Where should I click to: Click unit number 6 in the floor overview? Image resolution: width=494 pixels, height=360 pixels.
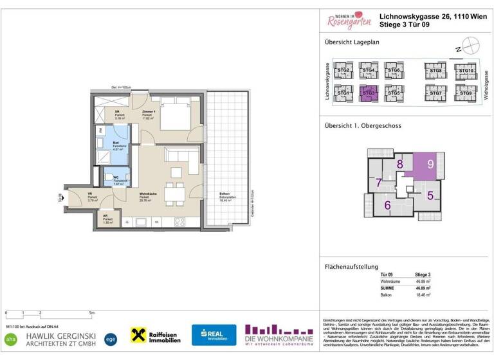388,206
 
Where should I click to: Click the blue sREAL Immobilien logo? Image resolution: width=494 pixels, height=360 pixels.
213,334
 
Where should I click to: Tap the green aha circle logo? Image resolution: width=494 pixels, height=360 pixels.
11,338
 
